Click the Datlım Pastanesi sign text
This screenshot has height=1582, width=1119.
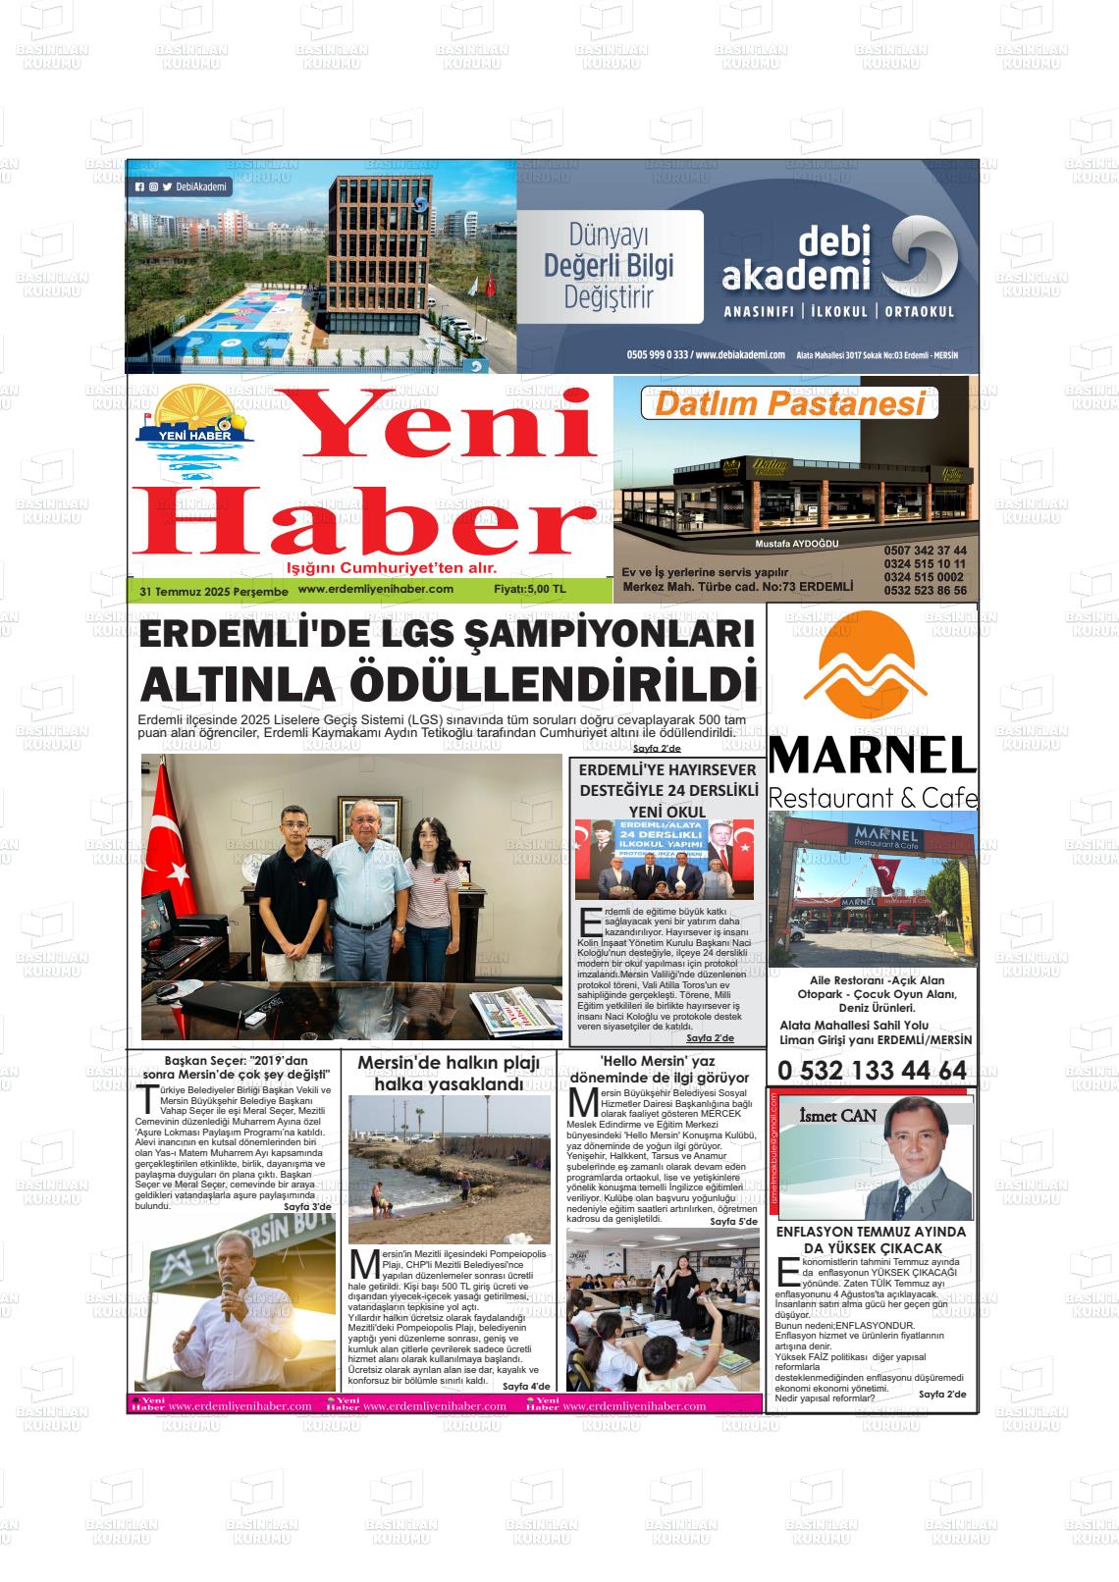(791, 403)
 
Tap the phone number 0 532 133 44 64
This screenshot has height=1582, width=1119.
(872, 1070)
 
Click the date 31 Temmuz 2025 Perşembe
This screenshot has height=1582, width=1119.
(214, 592)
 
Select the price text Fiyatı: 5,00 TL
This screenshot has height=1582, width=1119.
(530, 590)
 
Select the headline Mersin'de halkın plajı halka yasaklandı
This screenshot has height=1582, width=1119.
(449, 1074)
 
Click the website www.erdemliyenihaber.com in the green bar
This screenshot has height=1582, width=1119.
(375, 589)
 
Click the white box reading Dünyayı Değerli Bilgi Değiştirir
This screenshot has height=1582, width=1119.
(610, 266)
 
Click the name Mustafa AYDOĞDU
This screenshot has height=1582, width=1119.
(796, 544)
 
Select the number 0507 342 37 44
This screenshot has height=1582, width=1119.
(925, 551)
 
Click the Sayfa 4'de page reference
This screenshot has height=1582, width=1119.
(526, 1386)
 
